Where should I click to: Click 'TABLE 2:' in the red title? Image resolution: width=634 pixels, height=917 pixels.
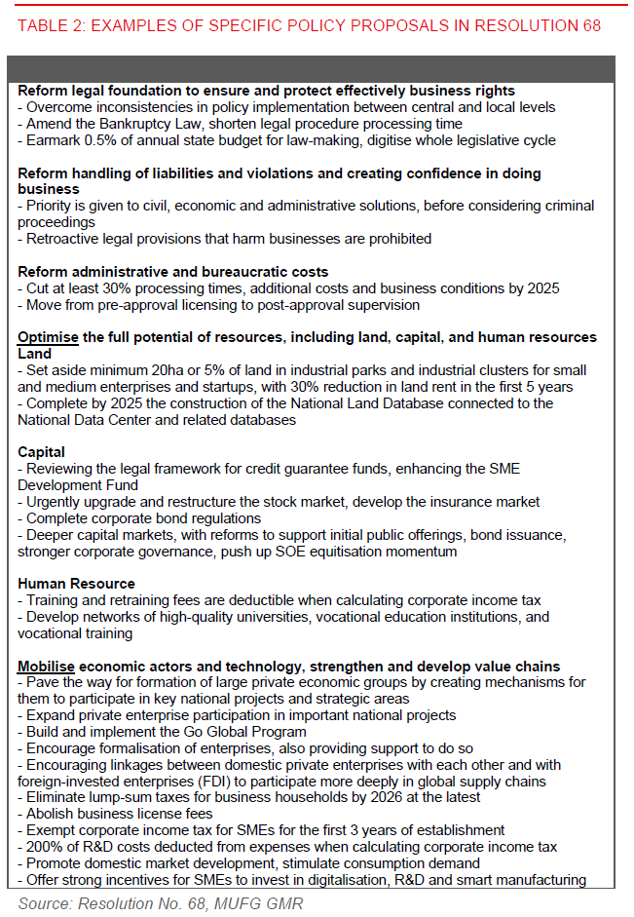click(51, 25)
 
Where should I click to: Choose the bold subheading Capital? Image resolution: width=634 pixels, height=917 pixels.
click(42, 452)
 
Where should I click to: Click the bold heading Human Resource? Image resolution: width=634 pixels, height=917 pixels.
click(77, 584)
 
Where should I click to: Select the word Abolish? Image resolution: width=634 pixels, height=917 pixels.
click(51, 814)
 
